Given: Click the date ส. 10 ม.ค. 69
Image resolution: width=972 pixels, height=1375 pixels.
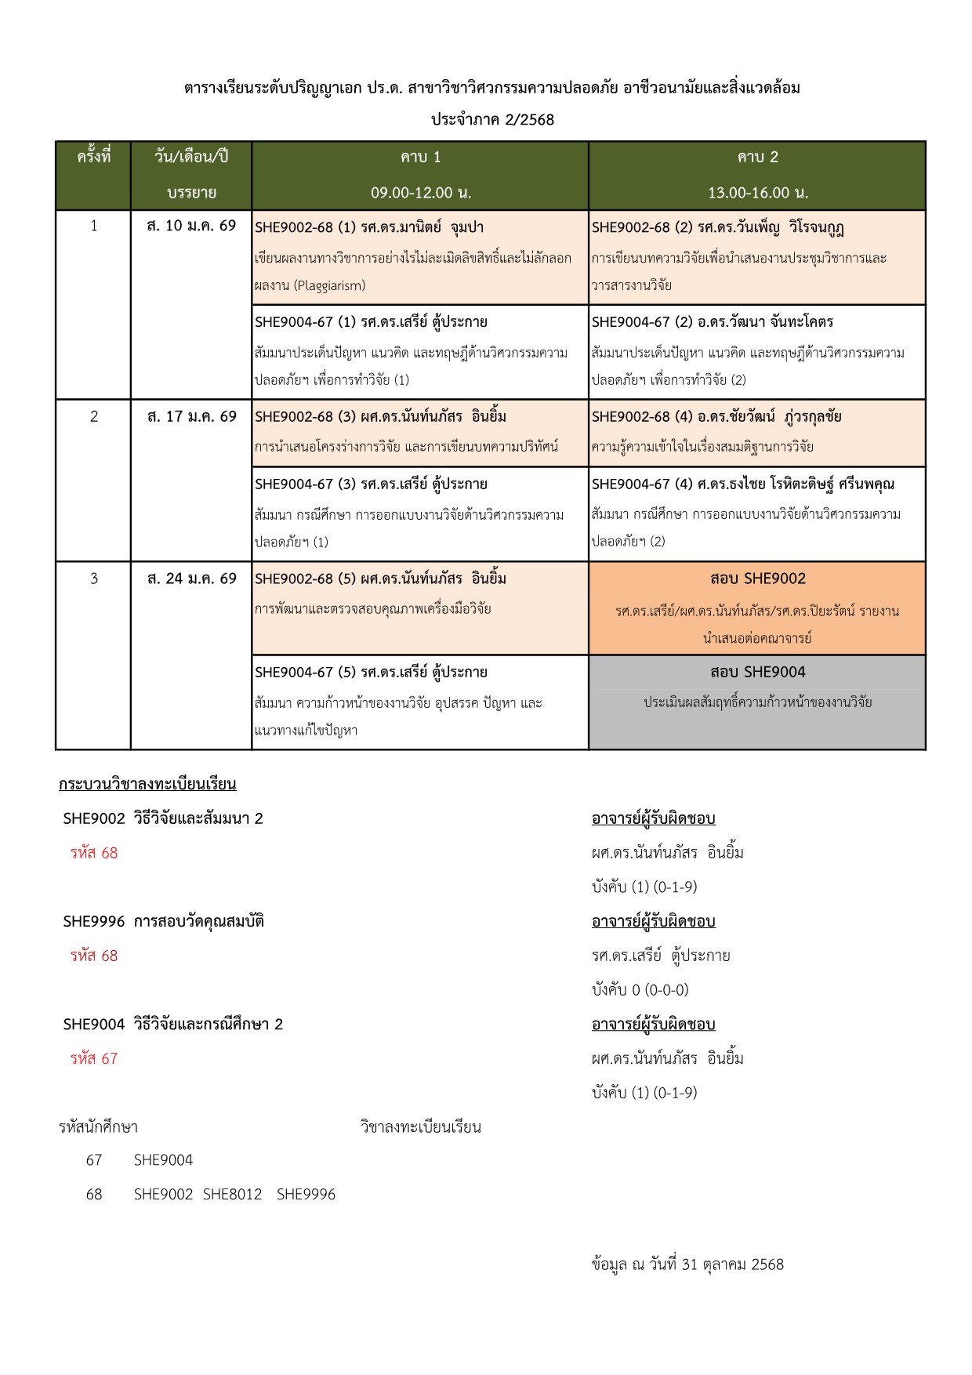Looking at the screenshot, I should pyautogui.click(x=191, y=227).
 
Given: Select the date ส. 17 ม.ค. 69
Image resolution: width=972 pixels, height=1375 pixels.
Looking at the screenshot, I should pyautogui.click(x=191, y=417).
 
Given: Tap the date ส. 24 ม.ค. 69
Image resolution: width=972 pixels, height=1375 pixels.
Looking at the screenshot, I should pyautogui.click(x=191, y=579).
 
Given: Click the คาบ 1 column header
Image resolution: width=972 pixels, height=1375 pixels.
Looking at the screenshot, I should pyautogui.click(x=420, y=158).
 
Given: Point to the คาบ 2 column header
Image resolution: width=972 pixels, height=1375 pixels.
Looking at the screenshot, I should pyautogui.click(x=757, y=158).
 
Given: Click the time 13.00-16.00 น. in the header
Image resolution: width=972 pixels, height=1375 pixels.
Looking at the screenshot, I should pyautogui.click(x=757, y=193).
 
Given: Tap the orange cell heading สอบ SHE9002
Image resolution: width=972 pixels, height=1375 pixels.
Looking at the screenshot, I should pyautogui.click(x=757, y=579).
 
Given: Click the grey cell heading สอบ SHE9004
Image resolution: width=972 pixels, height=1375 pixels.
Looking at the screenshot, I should pyautogui.click(x=757, y=673).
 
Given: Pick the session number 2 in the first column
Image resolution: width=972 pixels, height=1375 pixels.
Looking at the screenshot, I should pyautogui.click(x=93, y=417).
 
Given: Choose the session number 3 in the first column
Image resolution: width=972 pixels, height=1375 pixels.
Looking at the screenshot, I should pyautogui.click(x=93, y=579).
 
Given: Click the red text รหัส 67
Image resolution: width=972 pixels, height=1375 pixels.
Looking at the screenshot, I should pyautogui.click(x=93, y=1059).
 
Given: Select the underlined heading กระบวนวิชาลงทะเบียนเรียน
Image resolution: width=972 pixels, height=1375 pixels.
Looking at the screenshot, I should pyautogui.click(x=147, y=785).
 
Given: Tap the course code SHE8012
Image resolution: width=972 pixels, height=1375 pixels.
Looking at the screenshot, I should pyautogui.click(x=232, y=1195).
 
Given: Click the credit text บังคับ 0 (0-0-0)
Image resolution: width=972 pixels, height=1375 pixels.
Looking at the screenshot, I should pyautogui.click(x=640, y=990).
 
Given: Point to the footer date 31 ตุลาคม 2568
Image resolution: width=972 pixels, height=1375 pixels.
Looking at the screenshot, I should pyautogui.click(x=733, y=1264).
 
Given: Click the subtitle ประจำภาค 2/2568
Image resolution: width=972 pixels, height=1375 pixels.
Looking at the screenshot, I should pyautogui.click(x=492, y=120).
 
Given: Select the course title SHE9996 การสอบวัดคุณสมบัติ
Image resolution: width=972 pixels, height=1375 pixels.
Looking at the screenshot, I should pyautogui.click(x=163, y=922).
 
